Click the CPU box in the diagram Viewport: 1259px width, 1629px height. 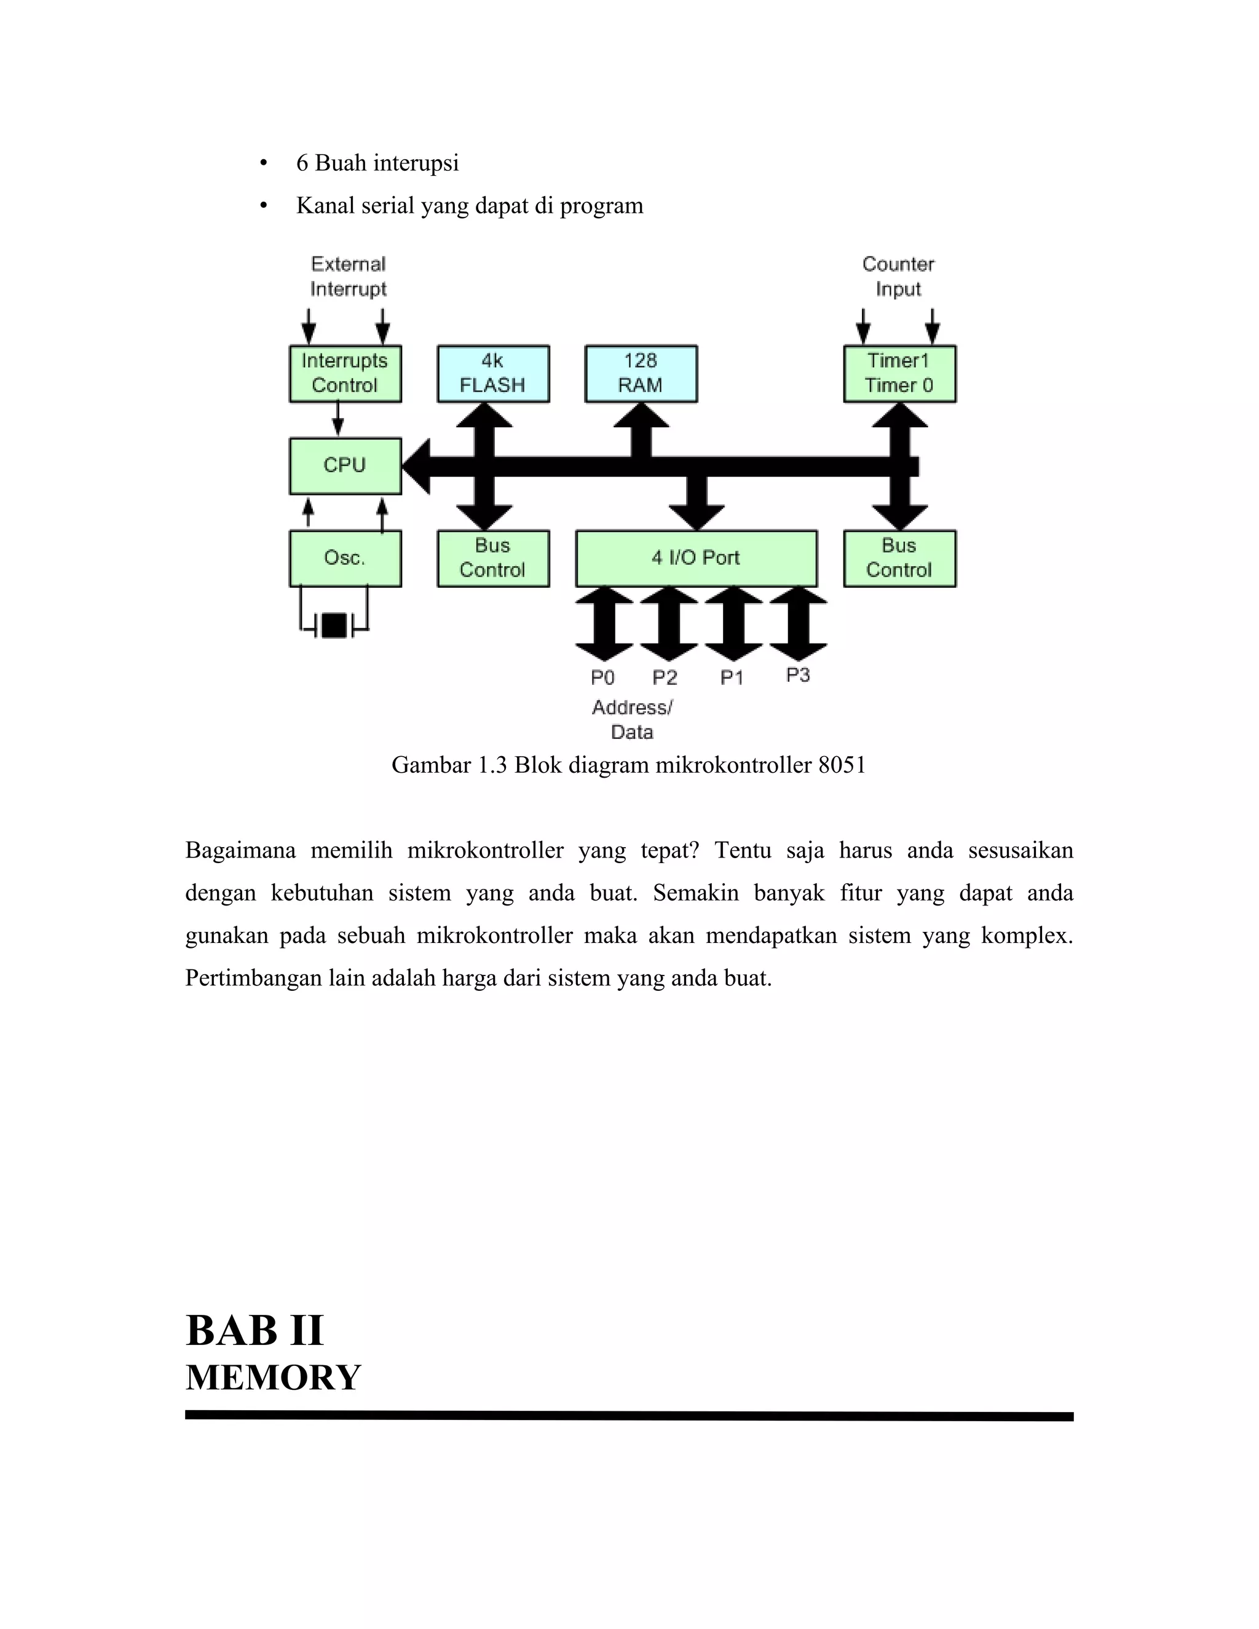(x=345, y=465)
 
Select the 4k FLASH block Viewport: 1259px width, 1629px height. (x=493, y=374)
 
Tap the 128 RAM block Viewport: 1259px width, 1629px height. (x=641, y=374)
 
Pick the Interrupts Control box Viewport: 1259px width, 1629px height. (x=345, y=374)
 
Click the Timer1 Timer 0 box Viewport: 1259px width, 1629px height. (x=899, y=374)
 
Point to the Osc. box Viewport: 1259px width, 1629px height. (x=345, y=558)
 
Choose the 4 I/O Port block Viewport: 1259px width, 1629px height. (x=696, y=558)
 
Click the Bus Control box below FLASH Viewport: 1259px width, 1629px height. (x=493, y=558)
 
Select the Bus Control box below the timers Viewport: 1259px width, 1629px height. (x=899, y=558)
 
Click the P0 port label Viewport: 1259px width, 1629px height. (x=602, y=677)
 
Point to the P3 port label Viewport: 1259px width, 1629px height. (x=798, y=675)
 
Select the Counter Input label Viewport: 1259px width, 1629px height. (x=898, y=276)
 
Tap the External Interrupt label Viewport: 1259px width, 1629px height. (x=349, y=276)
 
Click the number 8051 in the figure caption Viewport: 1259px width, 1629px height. (x=842, y=765)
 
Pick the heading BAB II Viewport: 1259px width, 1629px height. (x=255, y=1331)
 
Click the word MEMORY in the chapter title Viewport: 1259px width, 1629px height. (x=273, y=1378)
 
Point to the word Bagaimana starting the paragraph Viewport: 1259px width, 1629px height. (x=240, y=850)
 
